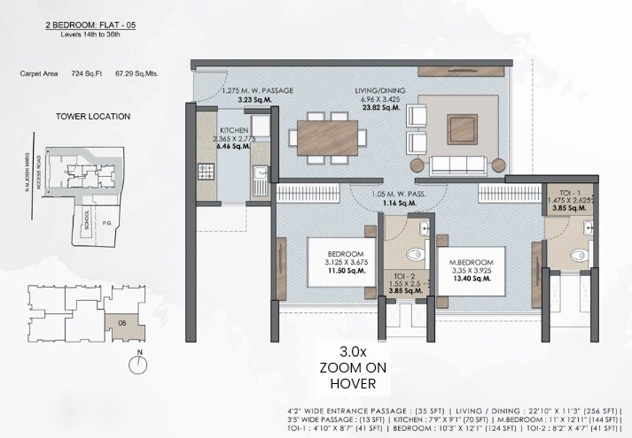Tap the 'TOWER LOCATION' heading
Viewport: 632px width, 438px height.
(93, 116)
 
